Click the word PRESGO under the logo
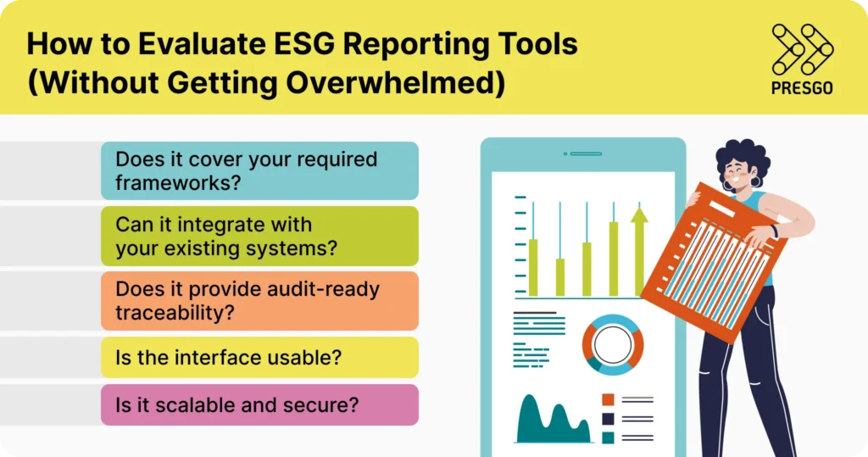click(802, 88)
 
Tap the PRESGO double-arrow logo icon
click(801, 48)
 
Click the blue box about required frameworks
click(259, 170)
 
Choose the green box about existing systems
click(259, 237)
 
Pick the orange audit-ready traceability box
click(259, 301)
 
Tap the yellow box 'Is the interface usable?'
click(259, 358)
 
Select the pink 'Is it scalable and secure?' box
click(259, 405)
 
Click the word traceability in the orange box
click(175, 313)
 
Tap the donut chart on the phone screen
click(612, 345)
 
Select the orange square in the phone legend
click(608, 399)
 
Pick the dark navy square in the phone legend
click(608, 419)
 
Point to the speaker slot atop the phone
click(585, 153)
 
